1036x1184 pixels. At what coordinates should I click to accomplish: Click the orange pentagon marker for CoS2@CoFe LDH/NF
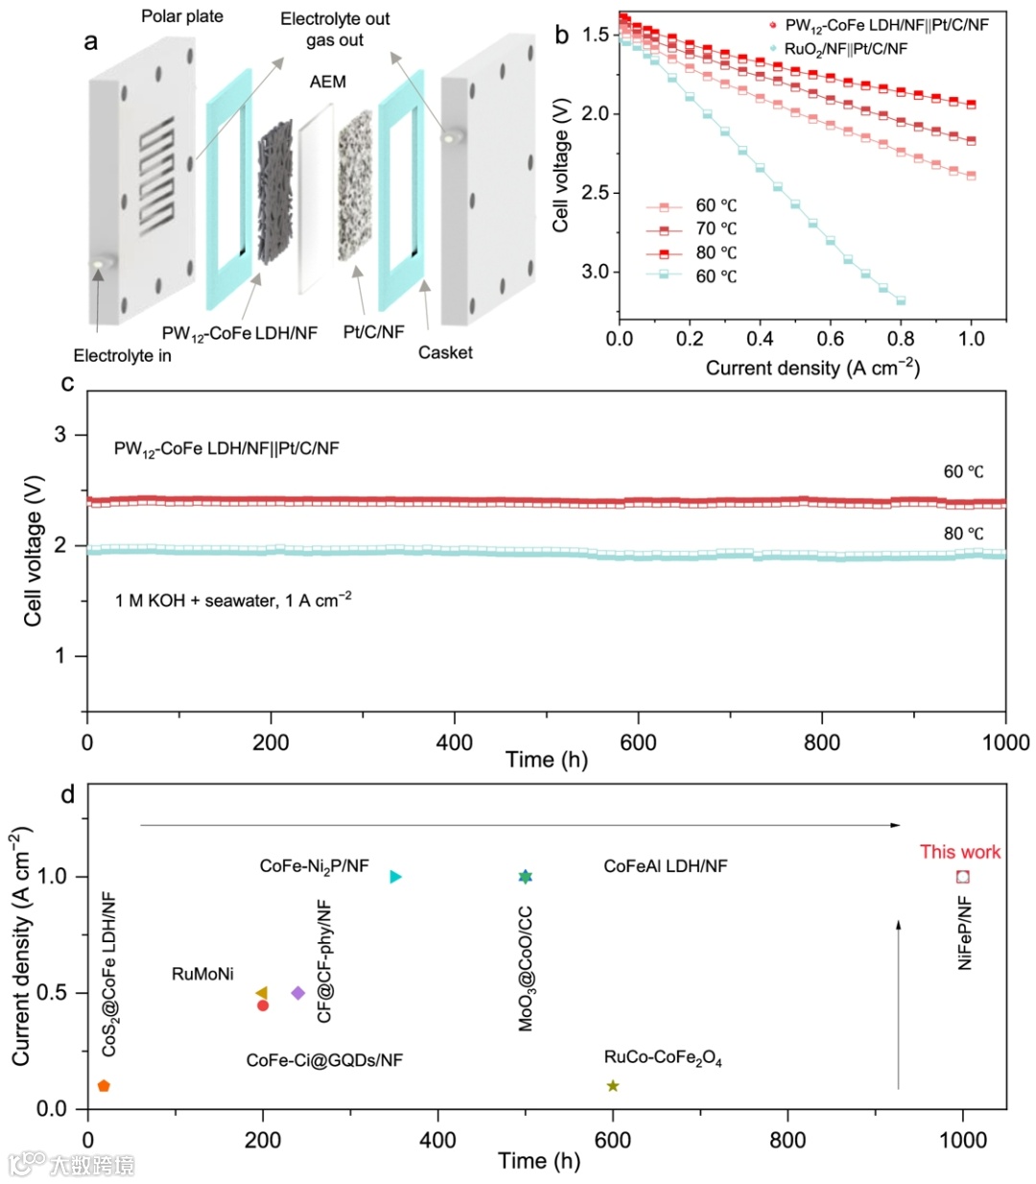coord(104,1085)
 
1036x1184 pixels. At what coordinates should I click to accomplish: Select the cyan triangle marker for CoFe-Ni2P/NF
coord(395,876)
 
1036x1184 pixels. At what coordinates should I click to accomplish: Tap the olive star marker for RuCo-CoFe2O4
coord(613,1085)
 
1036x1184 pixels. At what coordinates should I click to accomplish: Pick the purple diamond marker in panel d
coord(298,993)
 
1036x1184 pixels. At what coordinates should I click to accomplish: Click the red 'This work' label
coord(959,851)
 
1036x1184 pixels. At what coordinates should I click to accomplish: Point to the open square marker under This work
coord(963,876)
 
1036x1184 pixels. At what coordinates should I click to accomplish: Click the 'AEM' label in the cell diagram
coord(327,82)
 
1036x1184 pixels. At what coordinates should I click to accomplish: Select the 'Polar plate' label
coord(182,16)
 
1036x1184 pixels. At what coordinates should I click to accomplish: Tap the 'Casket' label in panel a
coord(445,352)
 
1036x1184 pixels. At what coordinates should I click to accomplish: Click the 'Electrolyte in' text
coord(123,356)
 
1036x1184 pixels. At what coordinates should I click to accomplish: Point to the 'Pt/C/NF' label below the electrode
coord(373,332)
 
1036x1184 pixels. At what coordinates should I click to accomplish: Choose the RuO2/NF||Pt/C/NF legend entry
coord(845,48)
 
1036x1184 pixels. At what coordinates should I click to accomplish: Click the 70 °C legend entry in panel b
coord(716,228)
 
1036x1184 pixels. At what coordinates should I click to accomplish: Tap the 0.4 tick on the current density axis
coord(760,338)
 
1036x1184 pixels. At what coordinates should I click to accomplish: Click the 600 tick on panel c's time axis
coord(638,742)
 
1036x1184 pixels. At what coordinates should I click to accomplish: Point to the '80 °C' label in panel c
coord(963,533)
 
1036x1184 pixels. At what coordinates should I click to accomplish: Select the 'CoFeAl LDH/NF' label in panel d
coord(665,866)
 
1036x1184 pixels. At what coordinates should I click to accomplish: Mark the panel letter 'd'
coord(67,794)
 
